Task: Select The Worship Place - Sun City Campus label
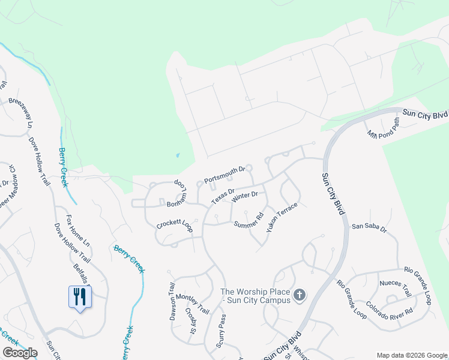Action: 256,295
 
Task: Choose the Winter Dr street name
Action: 244,196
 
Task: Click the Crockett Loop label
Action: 174,224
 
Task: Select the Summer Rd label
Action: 249,221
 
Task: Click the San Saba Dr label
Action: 369,227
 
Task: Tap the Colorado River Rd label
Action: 389,304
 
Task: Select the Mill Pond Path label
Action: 384,127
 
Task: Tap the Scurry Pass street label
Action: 223,331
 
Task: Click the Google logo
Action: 20,353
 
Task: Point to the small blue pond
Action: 178,156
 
